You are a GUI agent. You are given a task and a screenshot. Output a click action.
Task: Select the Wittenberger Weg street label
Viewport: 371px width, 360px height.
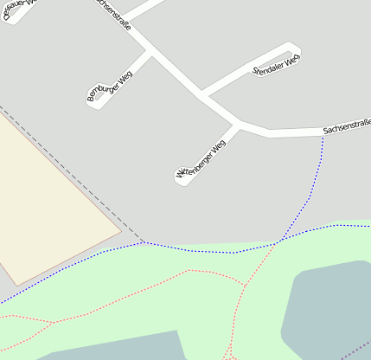click(201, 160)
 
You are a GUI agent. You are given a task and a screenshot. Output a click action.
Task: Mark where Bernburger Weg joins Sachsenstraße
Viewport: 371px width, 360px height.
click(151, 53)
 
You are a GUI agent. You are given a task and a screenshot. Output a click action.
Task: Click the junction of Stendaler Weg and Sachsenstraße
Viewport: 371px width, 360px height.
click(201, 93)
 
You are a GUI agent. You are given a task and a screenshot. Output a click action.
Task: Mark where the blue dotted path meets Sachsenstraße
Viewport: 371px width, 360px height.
click(323, 135)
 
